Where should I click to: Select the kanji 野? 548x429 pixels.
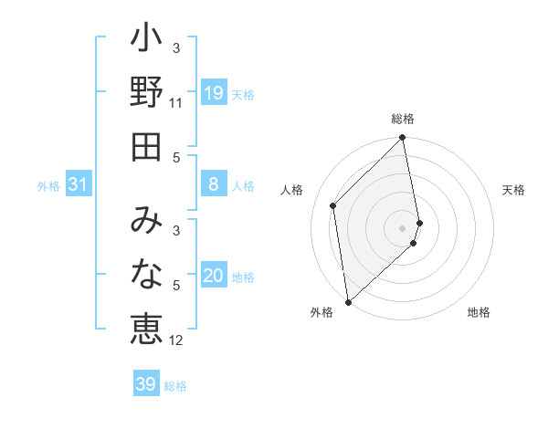click(146, 93)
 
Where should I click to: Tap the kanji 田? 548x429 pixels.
click(146, 146)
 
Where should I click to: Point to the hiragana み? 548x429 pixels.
click(146, 221)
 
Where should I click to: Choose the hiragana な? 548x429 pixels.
click(146, 275)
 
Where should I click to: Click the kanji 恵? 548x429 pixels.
click(146, 329)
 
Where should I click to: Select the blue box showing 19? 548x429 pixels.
click(213, 93)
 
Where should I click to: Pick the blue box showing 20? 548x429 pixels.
click(213, 277)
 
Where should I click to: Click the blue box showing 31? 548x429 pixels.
click(79, 185)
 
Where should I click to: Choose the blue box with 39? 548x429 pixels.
click(145, 385)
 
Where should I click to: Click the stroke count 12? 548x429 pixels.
click(176, 340)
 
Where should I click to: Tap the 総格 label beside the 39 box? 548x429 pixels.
click(175, 386)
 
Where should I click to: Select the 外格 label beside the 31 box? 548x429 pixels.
click(48, 186)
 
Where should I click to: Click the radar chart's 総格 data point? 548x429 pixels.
click(403, 139)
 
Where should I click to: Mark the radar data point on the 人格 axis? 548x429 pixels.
click(333, 205)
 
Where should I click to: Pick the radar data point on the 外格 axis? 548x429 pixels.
click(348, 302)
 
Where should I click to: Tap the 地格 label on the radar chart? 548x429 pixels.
click(479, 313)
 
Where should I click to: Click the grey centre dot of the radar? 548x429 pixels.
click(403, 227)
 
